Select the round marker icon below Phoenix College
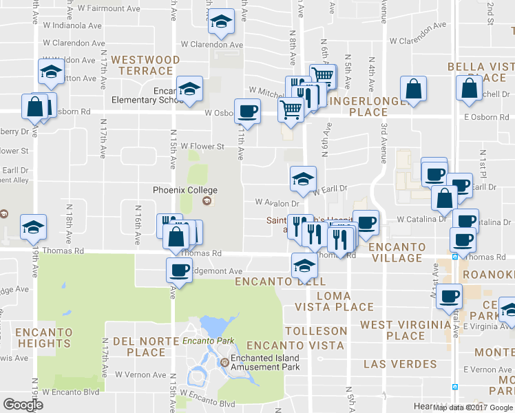tap(206, 202)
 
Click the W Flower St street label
tap(202, 147)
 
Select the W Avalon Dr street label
tap(277, 203)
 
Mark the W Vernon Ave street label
tap(140, 374)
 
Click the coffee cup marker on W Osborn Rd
tap(247, 110)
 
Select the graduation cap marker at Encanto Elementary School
tap(189, 88)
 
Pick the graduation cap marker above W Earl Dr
tap(303, 179)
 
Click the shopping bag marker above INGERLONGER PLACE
tap(413, 89)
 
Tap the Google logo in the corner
tap(23, 405)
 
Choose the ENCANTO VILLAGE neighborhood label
tap(395, 252)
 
